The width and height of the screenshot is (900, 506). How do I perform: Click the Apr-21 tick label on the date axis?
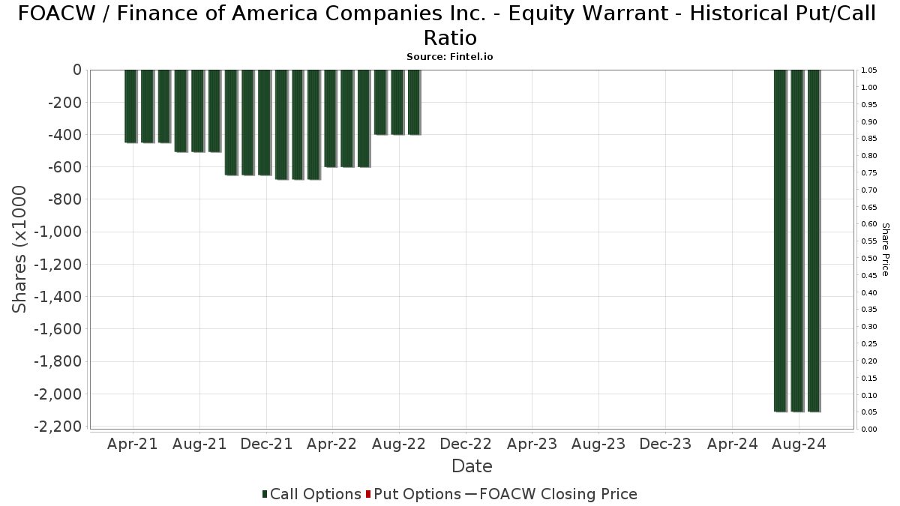pyautogui.click(x=133, y=444)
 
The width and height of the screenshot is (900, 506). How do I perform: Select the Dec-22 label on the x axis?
pyautogui.click(x=466, y=444)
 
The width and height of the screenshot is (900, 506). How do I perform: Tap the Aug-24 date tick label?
pyautogui.click(x=798, y=444)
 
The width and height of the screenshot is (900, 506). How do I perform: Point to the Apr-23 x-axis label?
pyautogui.click(x=532, y=444)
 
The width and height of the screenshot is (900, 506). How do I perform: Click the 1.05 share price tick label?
pyautogui.click(x=870, y=70)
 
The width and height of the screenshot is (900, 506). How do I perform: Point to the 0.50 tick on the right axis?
pyautogui.click(x=870, y=259)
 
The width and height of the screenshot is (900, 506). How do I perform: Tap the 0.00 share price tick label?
pyautogui.click(x=870, y=430)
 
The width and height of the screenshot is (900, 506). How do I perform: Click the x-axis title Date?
pyautogui.click(x=472, y=466)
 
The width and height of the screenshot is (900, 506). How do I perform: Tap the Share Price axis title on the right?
pyautogui.click(x=885, y=249)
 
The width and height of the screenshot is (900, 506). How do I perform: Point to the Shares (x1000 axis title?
pyautogui.click(x=20, y=249)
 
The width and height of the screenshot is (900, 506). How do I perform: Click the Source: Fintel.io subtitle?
pyautogui.click(x=450, y=56)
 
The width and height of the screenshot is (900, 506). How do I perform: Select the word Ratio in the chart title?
pyautogui.click(x=450, y=37)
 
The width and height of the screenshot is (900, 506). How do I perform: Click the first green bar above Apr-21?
pyautogui.click(x=130, y=106)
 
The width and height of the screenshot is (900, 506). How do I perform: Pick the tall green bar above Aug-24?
pyautogui.click(x=796, y=240)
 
